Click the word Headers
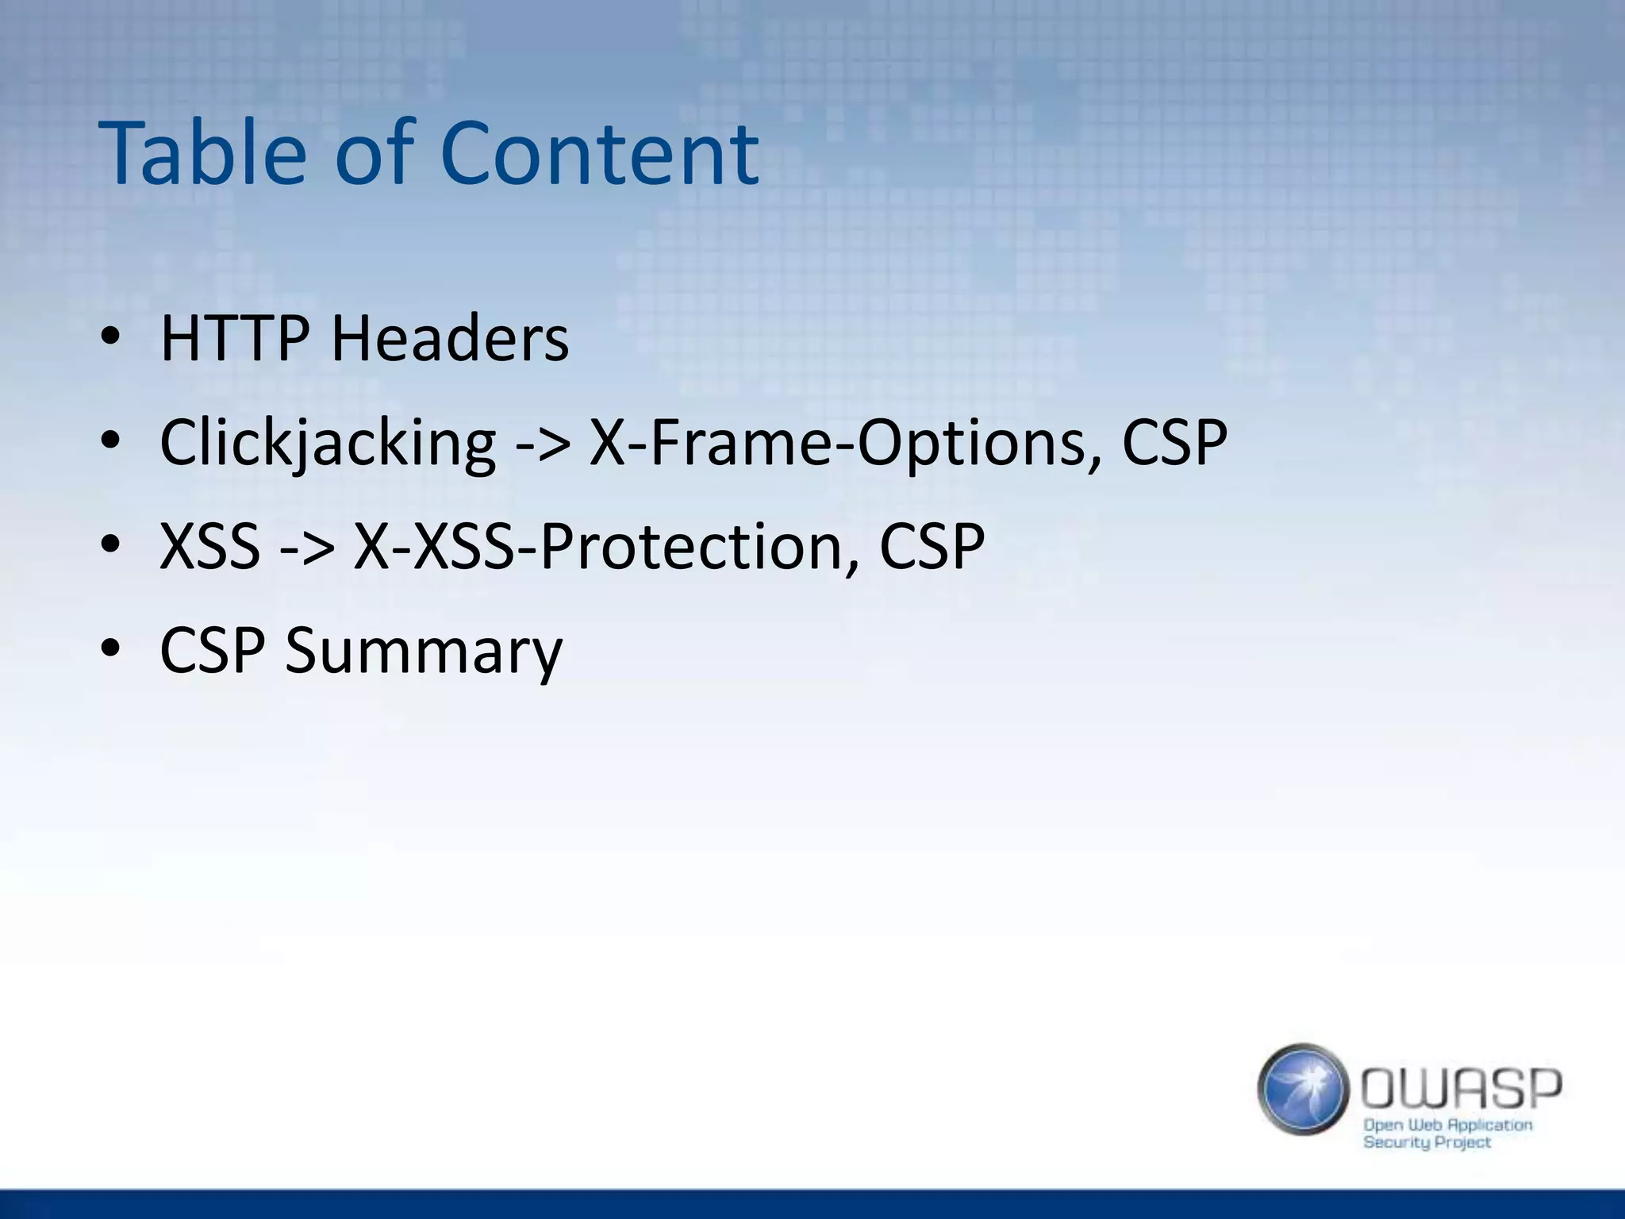(x=449, y=339)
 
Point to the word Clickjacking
(x=328, y=443)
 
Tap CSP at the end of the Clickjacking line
(x=1174, y=443)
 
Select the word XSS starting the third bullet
(x=210, y=547)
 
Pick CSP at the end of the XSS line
(x=932, y=547)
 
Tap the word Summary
(x=423, y=651)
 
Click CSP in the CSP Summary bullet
(x=212, y=651)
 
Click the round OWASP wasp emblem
(x=1302, y=1089)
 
